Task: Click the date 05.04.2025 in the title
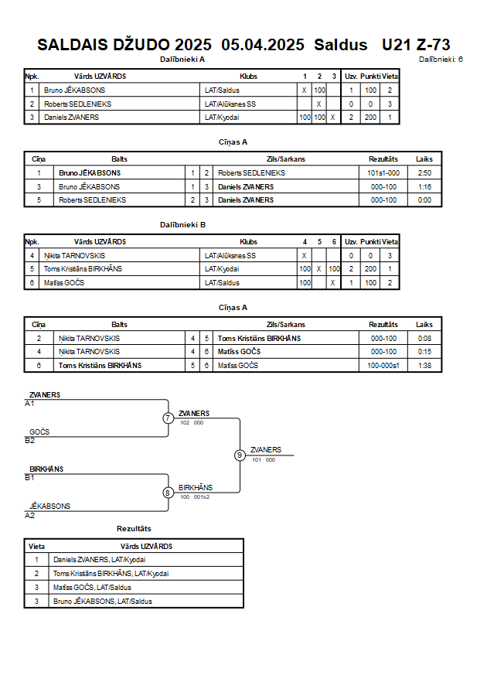click(x=263, y=45)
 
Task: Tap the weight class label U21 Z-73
click(x=416, y=45)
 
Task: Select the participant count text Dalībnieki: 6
click(x=441, y=60)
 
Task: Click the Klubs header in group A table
click(x=248, y=77)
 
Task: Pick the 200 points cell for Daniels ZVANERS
click(x=370, y=118)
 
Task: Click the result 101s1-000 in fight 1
click(x=383, y=173)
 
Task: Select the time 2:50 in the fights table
click(x=424, y=173)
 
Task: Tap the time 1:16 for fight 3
click(x=424, y=187)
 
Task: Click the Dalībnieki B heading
click(x=182, y=225)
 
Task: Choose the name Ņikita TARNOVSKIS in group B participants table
click(x=75, y=256)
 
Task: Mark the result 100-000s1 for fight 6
click(x=383, y=366)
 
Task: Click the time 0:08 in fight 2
click(x=424, y=339)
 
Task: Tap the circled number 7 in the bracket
click(x=168, y=418)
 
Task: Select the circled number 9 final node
click(x=240, y=455)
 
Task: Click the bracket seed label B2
click(x=30, y=441)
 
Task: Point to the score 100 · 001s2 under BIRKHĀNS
click(x=195, y=497)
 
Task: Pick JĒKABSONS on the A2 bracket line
click(x=49, y=507)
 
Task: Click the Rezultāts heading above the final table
click(x=134, y=529)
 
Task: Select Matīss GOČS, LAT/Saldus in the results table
click(x=92, y=588)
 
